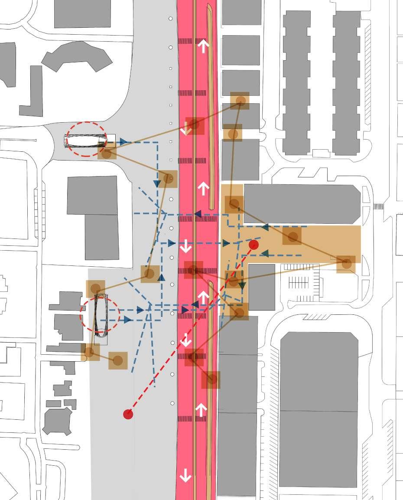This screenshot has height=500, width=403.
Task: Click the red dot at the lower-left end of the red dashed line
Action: tap(128, 414)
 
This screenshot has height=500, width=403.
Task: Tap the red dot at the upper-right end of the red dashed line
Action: tap(254, 245)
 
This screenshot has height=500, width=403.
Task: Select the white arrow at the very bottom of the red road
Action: tap(185, 476)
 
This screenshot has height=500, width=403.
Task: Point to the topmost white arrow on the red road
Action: tap(203, 46)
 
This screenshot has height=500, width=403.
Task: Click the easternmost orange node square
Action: tap(346, 264)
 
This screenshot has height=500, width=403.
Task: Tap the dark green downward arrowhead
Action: tap(242, 285)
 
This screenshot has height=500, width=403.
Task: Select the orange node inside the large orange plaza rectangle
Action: tap(292, 237)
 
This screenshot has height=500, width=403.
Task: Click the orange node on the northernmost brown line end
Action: tap(240, 101)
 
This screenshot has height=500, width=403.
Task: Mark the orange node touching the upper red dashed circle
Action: tap(107, 153)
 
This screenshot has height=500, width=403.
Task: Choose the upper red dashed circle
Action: tap(86, 139)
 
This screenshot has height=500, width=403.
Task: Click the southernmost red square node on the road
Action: tap(194, 357)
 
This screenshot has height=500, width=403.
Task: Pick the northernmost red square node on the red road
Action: tap(195, 125)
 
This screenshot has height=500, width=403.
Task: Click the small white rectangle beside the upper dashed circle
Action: tap(111, 138)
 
